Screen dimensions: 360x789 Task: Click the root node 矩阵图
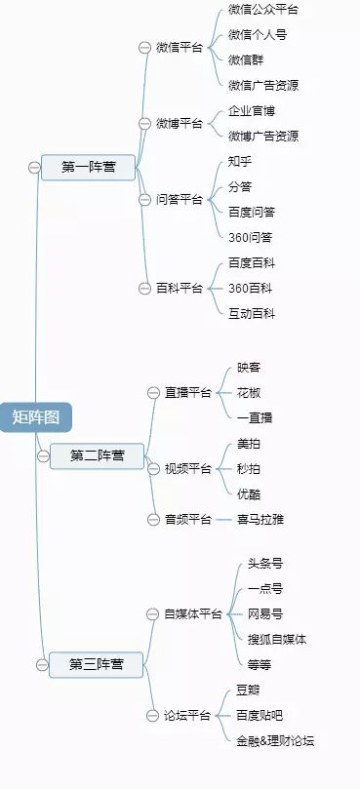36,416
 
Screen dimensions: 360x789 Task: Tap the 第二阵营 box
98,455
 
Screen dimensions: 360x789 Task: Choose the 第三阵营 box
96,664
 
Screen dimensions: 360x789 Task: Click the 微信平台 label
180,47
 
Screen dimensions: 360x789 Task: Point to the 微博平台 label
180,123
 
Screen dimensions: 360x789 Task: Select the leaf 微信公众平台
263,10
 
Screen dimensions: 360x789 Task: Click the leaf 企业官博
252,111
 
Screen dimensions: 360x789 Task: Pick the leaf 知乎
240,161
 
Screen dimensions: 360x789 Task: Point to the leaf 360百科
250,288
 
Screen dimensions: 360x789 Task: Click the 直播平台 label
188,392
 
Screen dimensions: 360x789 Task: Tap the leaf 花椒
249,392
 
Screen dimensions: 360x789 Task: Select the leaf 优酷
249,493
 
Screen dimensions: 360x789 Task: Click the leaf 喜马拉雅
260,520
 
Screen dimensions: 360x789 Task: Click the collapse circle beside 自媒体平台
152,613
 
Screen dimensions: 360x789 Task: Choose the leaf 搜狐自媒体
277,639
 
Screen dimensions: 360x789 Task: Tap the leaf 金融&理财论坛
275,740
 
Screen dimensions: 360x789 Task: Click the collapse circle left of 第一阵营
34,167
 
